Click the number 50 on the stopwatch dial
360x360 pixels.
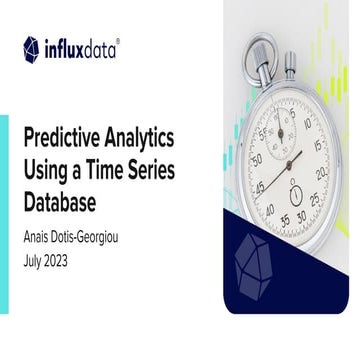tap(257, 159)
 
